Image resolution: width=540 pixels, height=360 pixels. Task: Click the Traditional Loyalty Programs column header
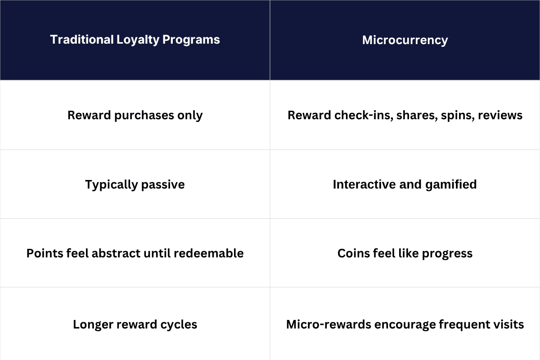click(x=135, y=40)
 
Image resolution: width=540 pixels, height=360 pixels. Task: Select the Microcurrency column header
click(x=405, y=40)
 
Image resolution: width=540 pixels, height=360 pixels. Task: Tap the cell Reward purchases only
click(x=135, y=115)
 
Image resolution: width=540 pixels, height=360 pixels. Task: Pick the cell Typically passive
click(x=135, y=184)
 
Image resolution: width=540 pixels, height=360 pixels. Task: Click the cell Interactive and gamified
click(x=405, y=184)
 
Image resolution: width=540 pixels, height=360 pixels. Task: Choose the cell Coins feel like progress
click(x=405, y=253)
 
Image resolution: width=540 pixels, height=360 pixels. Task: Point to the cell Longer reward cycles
click(x=135, y=324)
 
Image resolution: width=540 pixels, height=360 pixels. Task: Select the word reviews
click(x=500, y=115)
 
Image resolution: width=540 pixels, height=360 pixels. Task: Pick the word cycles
click(x=180, y=324)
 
